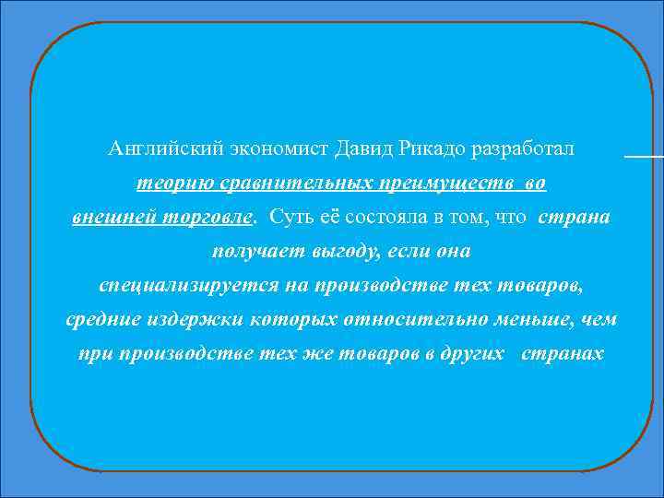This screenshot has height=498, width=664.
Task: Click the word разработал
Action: point(521,148)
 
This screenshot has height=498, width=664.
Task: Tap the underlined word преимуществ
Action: point(442,184)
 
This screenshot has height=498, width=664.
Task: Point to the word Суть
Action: point(290,218)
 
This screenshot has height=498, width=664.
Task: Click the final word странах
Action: point(563,353)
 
